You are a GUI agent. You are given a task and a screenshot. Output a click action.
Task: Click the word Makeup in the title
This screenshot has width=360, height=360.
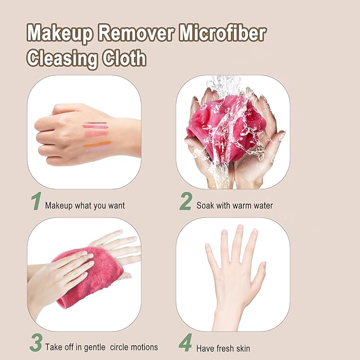59,33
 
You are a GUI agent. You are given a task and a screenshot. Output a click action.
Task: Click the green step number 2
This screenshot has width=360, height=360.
185,202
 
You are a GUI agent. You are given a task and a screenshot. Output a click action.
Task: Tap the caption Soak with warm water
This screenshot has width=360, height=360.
234,205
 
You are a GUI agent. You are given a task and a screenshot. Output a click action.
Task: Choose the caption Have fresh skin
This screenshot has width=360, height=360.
223,348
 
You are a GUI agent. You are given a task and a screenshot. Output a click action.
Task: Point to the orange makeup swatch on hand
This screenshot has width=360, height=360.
98,143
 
